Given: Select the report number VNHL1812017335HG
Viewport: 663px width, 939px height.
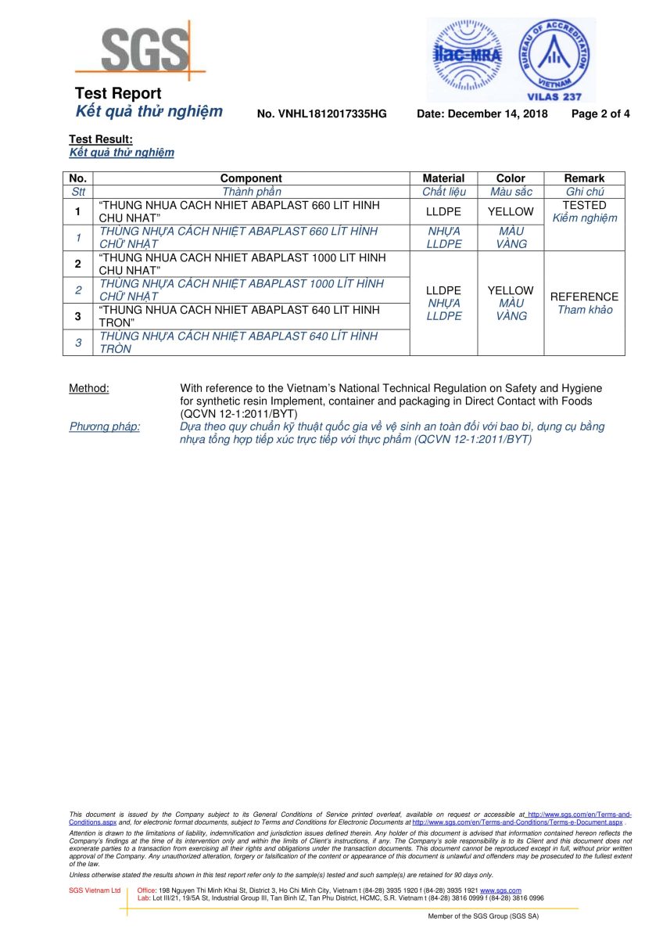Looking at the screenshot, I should coord(321,114).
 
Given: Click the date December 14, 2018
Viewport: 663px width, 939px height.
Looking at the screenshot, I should coord(482,114).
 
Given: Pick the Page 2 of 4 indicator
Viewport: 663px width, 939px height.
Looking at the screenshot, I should coord(600,114).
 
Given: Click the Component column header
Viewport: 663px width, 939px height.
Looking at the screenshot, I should coord(251,178).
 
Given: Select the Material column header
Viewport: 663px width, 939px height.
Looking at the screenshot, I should coord(443,178).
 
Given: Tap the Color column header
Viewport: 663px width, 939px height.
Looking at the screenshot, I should coord(511,178).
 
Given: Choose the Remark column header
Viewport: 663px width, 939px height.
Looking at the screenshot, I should coord(584,178).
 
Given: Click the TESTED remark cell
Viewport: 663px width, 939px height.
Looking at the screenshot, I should coord(584,205).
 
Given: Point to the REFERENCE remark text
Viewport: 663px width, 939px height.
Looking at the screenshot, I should coord(584,297).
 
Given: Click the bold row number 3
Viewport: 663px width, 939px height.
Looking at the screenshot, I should coord(78,316).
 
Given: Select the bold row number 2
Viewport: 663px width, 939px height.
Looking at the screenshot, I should coord(78,264).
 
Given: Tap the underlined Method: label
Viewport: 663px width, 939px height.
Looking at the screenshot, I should coord(89,388).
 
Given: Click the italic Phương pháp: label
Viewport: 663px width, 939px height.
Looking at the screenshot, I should coord(105,426).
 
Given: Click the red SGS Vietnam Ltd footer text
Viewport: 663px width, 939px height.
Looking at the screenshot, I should coord(95,890).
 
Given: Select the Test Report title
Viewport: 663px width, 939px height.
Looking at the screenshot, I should coord(118,94).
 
